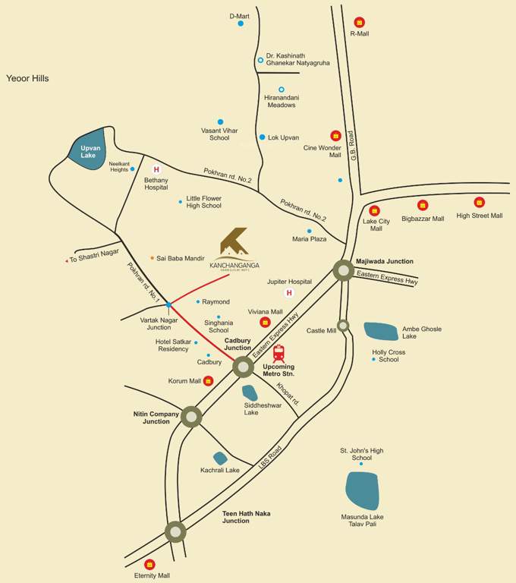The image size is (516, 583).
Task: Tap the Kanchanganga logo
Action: (234, 242)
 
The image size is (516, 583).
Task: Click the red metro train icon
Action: (278, 354)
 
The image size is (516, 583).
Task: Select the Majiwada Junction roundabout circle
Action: (343, 269)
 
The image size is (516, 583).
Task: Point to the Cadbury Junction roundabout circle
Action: (243, 367)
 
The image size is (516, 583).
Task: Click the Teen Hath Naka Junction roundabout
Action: (175, 531)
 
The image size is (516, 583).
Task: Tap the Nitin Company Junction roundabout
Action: (191, 416)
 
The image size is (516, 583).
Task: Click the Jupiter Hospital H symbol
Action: (288, 292)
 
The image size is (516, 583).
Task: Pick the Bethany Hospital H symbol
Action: (156, 169)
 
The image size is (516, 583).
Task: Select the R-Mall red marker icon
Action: (359, 22)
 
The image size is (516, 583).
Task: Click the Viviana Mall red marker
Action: (265, 322)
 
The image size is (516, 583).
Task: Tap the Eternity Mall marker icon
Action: (149, 564)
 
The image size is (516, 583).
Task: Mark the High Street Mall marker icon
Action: (479, 203)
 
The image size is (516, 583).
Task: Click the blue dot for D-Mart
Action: (241, 24)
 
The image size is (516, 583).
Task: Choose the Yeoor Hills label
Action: (27, 78)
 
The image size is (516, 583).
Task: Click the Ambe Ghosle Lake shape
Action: (381, 331)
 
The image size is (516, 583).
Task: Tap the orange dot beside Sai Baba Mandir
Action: (152, 258)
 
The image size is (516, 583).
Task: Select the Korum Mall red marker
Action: (209, 380)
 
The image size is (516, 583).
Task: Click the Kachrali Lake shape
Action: (220, 458)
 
